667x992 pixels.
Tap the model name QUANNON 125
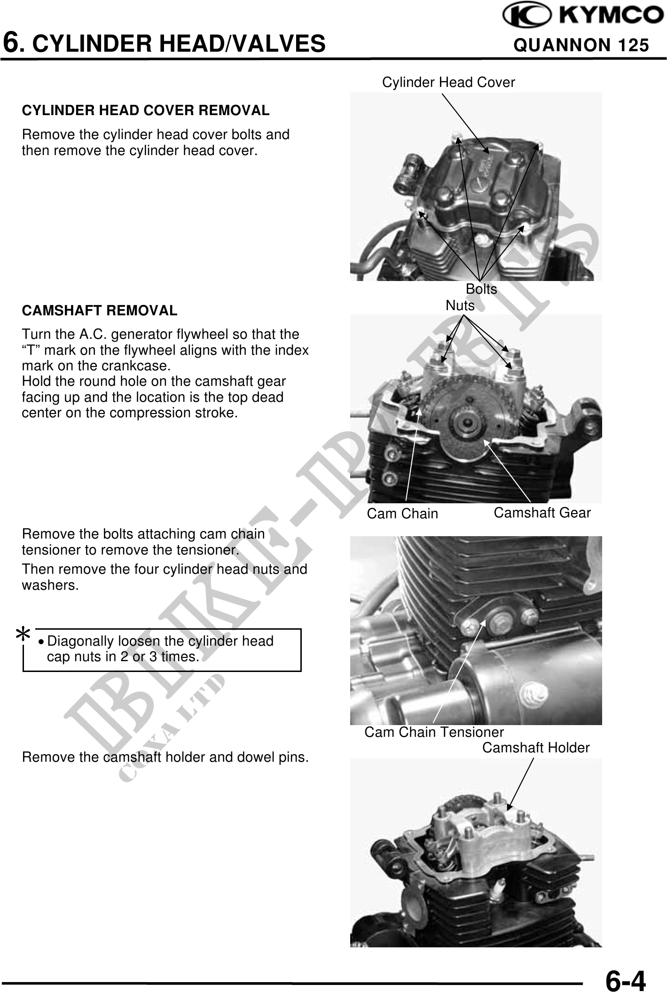coord(581,45)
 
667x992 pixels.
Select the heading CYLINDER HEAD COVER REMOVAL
coord(146,111)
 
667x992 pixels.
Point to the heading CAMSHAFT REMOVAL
coord(100,311)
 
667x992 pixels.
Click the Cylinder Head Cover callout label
coord(448,83)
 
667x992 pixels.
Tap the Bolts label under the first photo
coord(481,289)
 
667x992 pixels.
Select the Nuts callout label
coord(460,305)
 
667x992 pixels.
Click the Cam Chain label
coord(402,514)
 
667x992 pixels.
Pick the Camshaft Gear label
coord(542,513)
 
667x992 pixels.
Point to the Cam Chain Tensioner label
coord(434,732)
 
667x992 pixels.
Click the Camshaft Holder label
coord(536,748)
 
